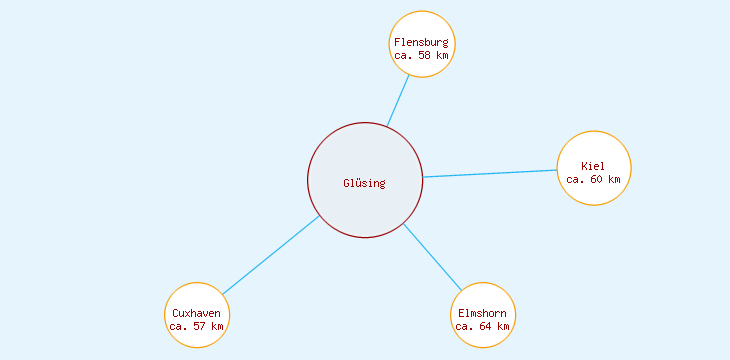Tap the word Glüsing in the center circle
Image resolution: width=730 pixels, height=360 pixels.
pos(364,183)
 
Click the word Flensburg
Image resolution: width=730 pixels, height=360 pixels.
pos(421,42)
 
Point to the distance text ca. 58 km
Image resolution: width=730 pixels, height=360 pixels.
pos(421,56)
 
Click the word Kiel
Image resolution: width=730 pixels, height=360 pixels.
pos(593,166)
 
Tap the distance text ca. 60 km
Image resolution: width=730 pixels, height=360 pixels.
pos(593,180)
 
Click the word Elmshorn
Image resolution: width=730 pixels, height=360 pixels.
pos(482,313)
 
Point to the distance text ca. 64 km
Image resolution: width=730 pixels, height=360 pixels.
pos(482,326)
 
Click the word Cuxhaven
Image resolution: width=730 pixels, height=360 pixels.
pos(197,313)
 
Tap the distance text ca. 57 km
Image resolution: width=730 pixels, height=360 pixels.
pos(197,326)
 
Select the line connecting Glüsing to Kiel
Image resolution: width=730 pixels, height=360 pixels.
pos(490,173)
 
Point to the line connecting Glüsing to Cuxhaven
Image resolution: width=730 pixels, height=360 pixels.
pos(270,255)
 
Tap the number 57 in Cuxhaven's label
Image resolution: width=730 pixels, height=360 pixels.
pos(202,326)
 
